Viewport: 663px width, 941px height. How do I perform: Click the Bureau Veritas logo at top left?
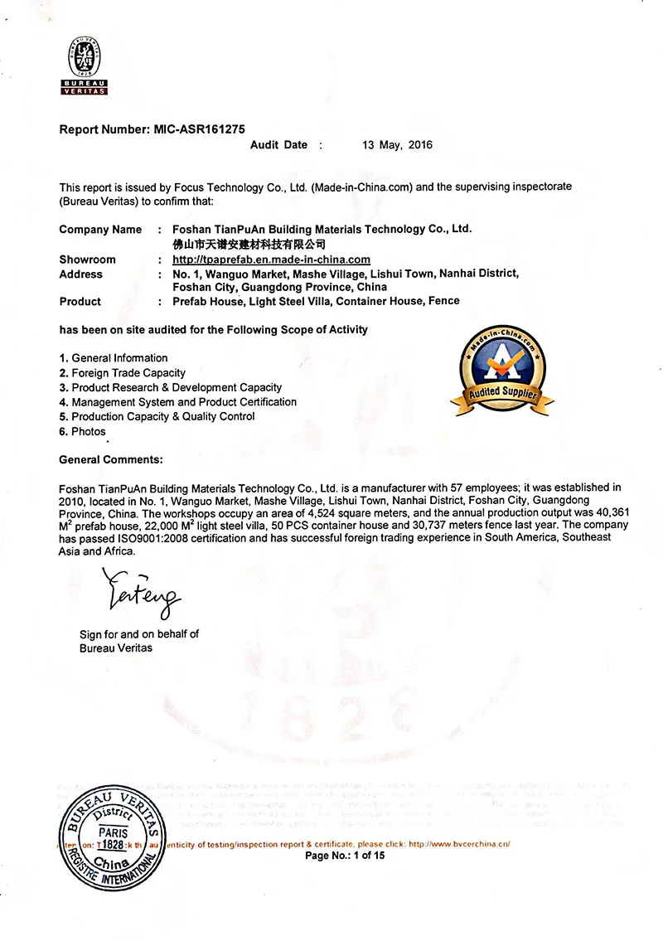85,67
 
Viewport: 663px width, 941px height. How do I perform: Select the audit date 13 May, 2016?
397,145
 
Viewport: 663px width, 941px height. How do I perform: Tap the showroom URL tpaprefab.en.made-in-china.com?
271,260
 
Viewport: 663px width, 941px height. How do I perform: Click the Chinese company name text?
248,245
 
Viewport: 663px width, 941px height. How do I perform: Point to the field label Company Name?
100,230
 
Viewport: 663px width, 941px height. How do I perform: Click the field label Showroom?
87,260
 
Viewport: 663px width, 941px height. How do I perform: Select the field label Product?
80,302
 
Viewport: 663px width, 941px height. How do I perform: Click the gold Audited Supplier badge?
502,371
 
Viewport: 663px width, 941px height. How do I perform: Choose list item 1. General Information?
114,358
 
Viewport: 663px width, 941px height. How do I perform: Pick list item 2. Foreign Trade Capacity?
123,373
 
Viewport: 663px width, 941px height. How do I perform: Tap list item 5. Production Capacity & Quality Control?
157,416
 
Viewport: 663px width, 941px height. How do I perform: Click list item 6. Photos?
83,431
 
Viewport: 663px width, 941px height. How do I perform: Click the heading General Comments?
111,459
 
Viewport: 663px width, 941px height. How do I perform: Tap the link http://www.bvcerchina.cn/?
459,844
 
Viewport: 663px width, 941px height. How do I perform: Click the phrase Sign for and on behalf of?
139,634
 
